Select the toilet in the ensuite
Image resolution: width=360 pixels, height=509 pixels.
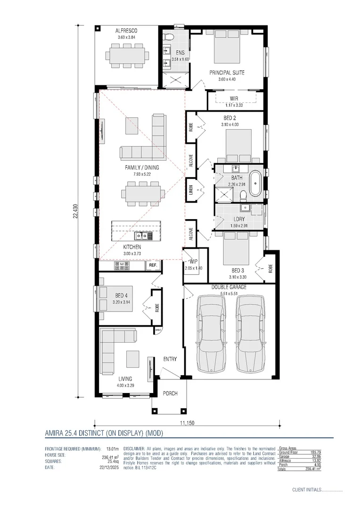(169, 36)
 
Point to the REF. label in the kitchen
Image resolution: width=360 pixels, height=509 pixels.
(153, 266)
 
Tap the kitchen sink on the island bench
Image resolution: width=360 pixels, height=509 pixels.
(141, 235)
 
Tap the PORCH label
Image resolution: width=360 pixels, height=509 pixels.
(170, 393)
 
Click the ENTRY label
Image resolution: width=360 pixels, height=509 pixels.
(170, 359)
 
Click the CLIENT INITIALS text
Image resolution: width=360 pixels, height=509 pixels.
(306, 490)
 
